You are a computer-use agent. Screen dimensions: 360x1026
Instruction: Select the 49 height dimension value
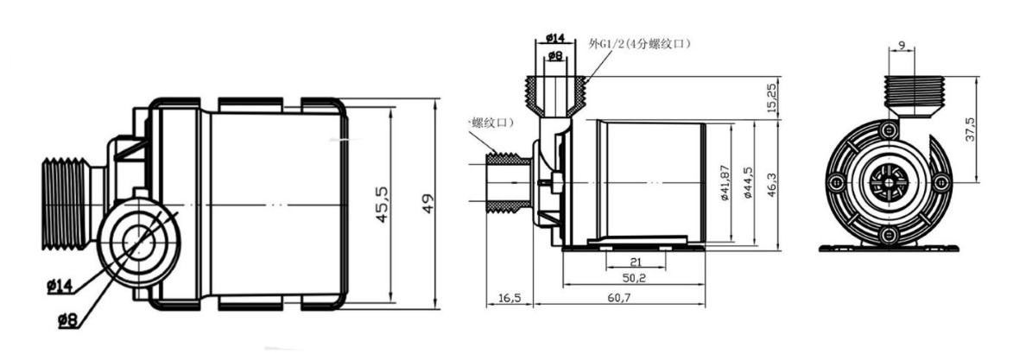[427, 205]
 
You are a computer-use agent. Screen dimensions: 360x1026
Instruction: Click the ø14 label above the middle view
[555, 38]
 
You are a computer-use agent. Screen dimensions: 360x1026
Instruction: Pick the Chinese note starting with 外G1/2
[638, 43]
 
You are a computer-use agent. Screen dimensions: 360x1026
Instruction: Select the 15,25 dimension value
[771, 98]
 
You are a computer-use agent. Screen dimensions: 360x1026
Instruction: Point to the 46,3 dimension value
[771, 183]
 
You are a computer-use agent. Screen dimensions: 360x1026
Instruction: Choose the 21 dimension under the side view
[635, 262]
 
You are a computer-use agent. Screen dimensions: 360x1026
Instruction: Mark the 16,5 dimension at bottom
[510, 299]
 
